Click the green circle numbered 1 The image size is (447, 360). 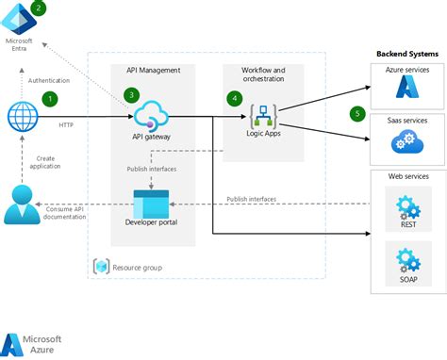click(50, 97)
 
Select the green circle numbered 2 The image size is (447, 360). click(38, 8)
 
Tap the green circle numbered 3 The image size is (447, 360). click(131, 95)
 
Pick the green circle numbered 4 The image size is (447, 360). click(234, 97)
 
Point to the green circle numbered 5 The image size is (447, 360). click(357, 114)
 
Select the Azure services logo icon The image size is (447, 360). click(406, 88)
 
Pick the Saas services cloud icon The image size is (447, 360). click(406, 140)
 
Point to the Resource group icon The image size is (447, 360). click(101, 267)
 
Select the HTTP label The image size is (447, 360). click(66, 124)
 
